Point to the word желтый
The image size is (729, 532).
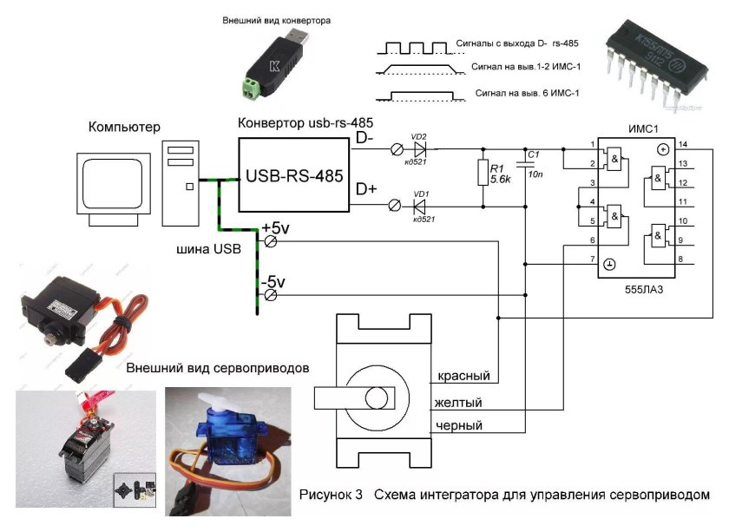(x=460, y=403)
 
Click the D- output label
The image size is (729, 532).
(x=365, y=138)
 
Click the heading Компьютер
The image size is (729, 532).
(x=124, y=128)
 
